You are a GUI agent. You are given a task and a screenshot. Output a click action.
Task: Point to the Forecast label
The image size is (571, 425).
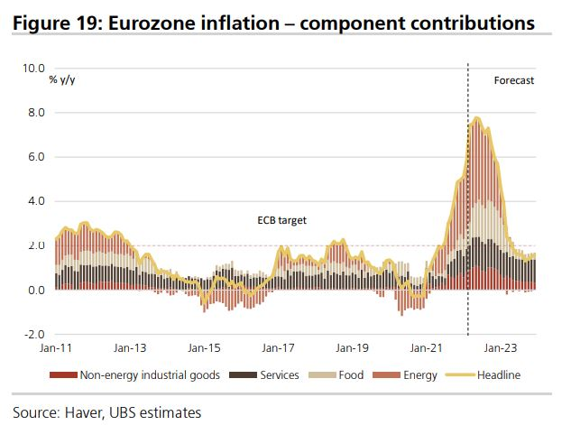[x=514, y=81]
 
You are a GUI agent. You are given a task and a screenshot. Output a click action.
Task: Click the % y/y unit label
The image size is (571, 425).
[x=64, y=81]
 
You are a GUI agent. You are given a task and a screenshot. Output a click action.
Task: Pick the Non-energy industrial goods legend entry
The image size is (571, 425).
[x=150, y=374]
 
